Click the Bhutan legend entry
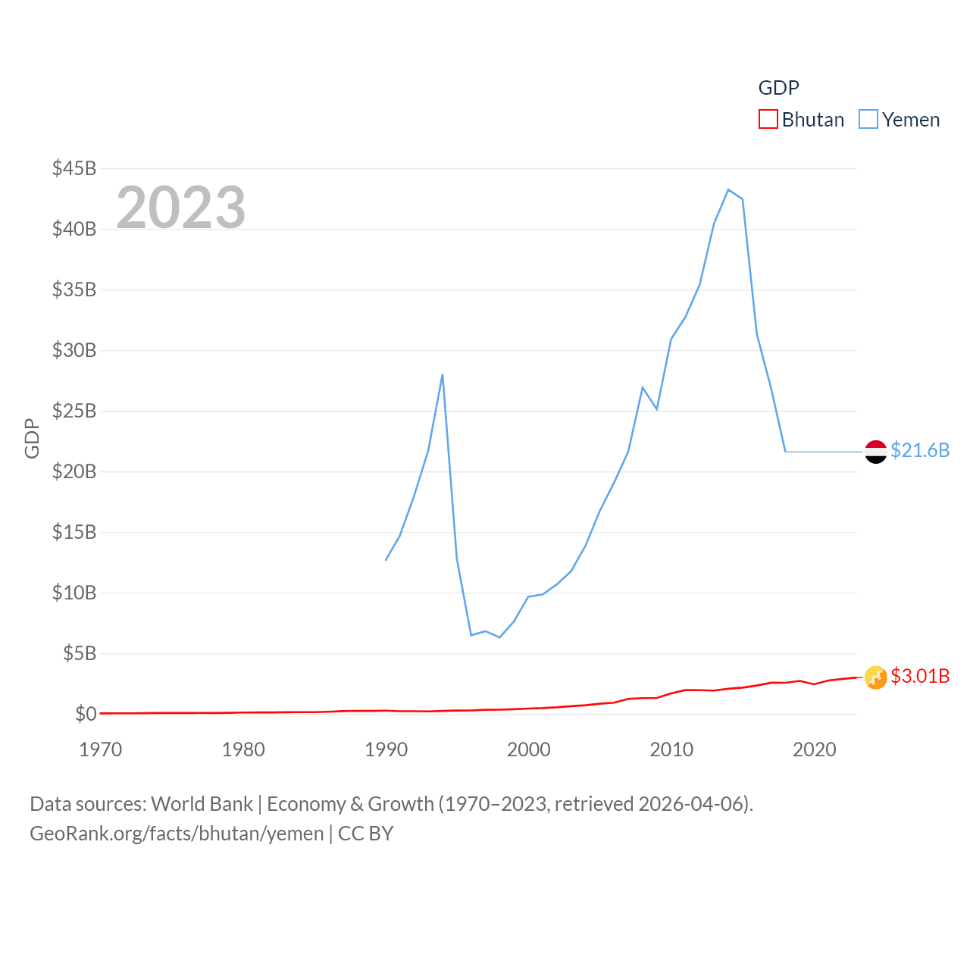point(802,120)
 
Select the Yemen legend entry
point(900,120)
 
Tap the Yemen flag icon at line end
point(875,452)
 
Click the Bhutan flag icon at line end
point(875,677)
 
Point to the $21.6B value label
point(919,450)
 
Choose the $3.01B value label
point(919,676)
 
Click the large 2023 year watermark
point(180,207)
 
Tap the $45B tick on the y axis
point(74,168)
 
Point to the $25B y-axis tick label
point(74,411)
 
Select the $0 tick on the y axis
point(86,714)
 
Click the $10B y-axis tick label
point(74,593)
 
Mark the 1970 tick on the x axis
point(101,749)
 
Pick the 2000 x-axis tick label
point(529,749)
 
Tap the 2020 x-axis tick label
point(814,749)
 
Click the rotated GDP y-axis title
point(32,438)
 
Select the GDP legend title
point(778,88)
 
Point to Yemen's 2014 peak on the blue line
point(728,189)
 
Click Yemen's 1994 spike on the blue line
point(442,374)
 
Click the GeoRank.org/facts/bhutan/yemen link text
point(177,834)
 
